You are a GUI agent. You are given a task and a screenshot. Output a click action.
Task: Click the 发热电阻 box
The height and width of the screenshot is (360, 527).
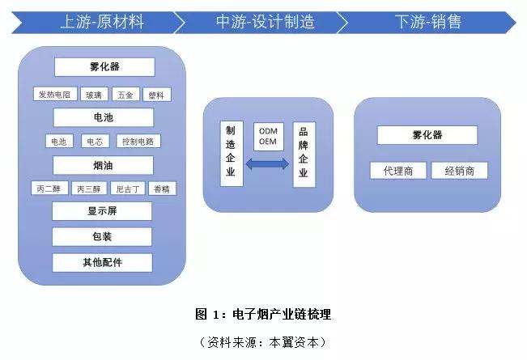click(x=55, y=95)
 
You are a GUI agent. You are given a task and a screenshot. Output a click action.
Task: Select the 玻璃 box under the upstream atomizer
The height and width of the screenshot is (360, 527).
click(x=94, y=95)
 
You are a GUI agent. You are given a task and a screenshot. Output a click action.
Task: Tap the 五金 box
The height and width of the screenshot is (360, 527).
click(x=125, y=95)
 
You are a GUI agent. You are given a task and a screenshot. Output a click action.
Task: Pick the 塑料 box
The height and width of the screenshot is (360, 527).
click(x=157, y=95)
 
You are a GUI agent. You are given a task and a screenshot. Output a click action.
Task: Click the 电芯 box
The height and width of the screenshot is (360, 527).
click(x=95, y=141)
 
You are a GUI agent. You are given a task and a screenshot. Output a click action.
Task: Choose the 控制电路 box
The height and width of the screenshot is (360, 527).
click(x=138, y=141)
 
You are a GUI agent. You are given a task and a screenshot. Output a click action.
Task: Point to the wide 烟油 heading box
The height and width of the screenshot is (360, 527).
click(x=103, y=165)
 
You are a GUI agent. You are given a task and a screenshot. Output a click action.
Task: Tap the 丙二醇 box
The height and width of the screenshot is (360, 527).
click(x=49, y=188)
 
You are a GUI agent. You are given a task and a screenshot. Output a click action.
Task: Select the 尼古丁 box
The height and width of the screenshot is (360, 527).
click(x=128, y=188)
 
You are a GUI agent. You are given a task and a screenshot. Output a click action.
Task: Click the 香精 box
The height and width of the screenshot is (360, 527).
click(x=162, y=188)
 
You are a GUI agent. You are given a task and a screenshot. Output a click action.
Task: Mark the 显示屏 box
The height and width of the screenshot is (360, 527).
click(x=102, y=211)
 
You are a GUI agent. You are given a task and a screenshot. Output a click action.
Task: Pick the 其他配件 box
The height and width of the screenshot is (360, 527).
click(x=102, y=262)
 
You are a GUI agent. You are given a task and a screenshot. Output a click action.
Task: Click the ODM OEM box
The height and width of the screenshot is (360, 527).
click(x=268, y=137)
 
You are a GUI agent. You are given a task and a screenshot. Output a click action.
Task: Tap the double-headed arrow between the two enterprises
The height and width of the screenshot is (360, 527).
click(x=267, y=164)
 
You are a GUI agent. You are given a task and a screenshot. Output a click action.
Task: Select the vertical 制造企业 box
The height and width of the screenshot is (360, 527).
click(x=232, y=154)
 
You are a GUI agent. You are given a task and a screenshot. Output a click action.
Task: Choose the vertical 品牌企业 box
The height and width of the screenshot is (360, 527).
click(x=304, y=155)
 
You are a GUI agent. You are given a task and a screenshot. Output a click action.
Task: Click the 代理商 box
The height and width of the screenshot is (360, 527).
click(x=398, y=170)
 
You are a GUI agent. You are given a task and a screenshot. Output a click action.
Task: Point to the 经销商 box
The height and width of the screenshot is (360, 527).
click(x=459, y=170)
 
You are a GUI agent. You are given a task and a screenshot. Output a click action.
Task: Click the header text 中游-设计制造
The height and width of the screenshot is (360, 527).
click(x=266, y=22)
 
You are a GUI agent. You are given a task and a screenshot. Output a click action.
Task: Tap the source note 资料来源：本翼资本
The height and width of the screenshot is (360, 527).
click(x=263, y=342)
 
